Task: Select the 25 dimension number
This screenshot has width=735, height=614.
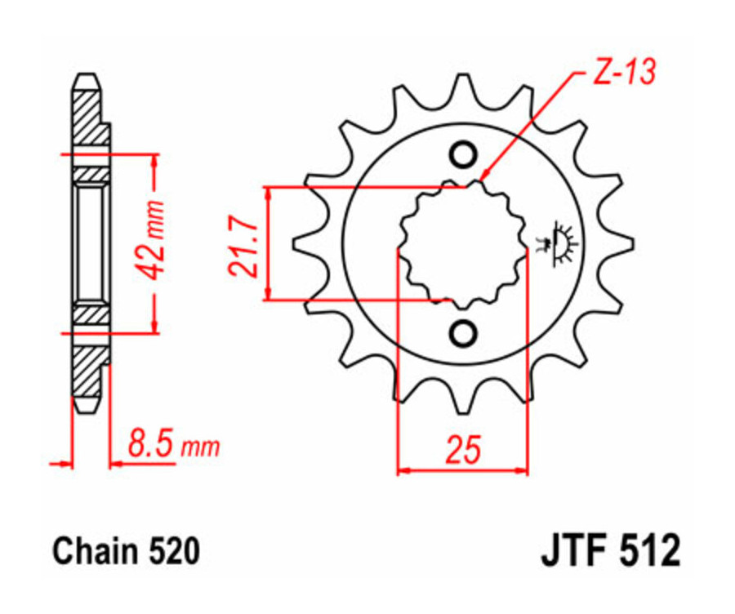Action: pos(462,450)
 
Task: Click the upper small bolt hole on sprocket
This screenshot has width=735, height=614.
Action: pos(463,154)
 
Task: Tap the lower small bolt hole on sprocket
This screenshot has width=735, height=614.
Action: pos(463,333)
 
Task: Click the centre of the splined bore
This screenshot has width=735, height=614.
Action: pos(463,243)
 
